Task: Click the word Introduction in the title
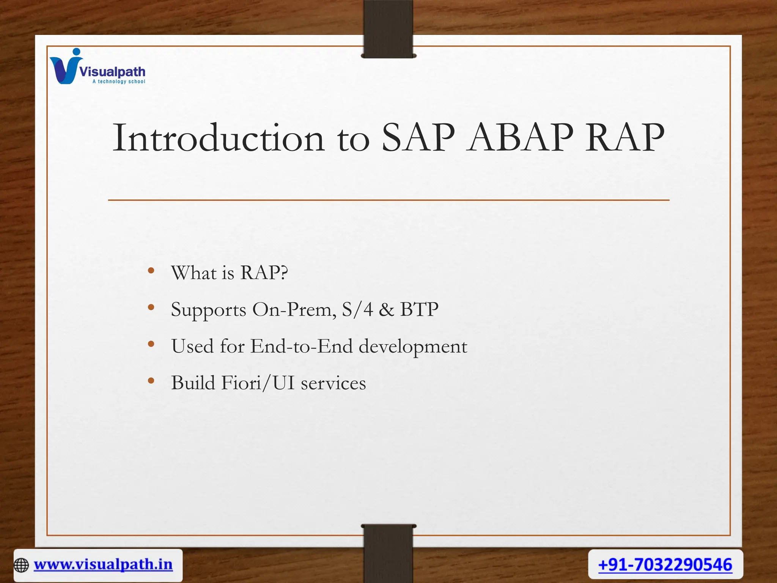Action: pyautogui.click(x=219, y=138)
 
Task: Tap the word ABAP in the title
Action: pyautogui.click(x=520, y=138)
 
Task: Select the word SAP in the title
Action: pyautogui.click(x=417, y=138)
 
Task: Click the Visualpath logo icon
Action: pyautogui.click(x=65, y=67)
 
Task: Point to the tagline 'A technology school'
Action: pyautogui.click(x=119, y=82)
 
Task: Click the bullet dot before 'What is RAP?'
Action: pyautogui.click(x=151, y=271)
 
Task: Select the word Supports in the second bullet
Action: pyautogui.click(x=209, y=310)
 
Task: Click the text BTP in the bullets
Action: pyautogui.click(x=419, y=309)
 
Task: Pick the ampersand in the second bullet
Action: pyautogui.click(x=386, y=309)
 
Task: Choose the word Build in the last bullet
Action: pyautogui.click(x=193, y=383)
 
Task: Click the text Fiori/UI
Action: pyautogui.click(x=258, y=383)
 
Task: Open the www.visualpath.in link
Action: pyautogui.click(x=103, y=564)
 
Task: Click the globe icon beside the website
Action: pyautogui.click(x=21, y=565)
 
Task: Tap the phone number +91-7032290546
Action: pyautogui.click(x=665, y=565)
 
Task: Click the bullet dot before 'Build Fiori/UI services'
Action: pyautogui.click(x=151, y=381)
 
